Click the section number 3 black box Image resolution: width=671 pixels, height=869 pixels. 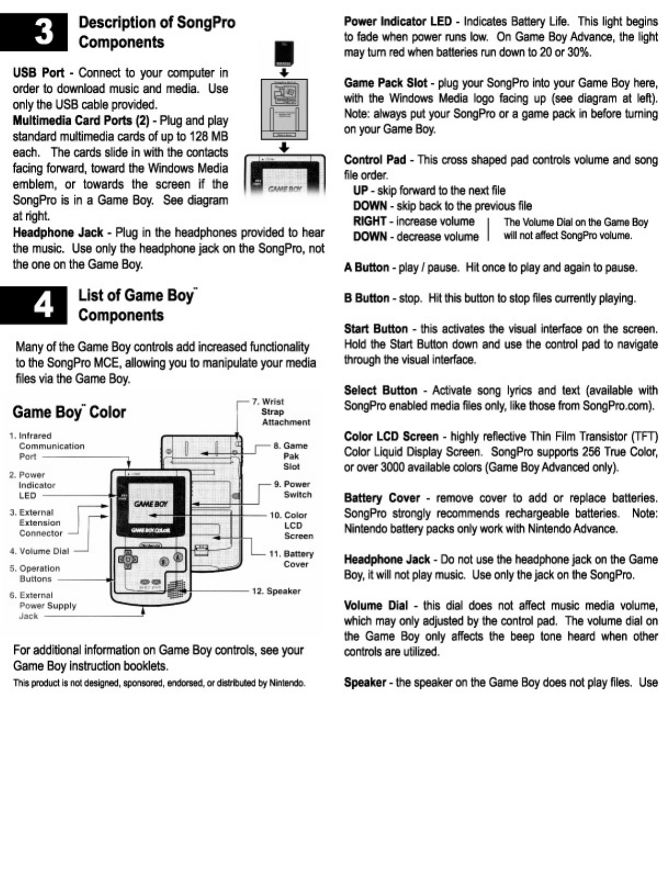pos(34,32)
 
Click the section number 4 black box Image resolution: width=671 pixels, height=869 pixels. pos(34,304)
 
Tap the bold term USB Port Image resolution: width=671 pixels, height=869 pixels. pos(38,72)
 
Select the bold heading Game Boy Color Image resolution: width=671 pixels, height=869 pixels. pos(69,412)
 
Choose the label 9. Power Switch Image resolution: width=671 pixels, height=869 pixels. pos(293,489)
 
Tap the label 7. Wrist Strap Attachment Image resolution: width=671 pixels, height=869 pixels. pos(281,411)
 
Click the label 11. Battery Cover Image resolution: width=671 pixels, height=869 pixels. pos(291,558)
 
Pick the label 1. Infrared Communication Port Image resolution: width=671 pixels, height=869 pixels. pos(47,445)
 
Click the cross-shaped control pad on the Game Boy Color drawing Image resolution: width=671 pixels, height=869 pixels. pos(128,560)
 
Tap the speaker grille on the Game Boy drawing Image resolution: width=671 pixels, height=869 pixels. pos(175,590)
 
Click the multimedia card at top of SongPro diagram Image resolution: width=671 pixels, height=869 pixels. pos(284,53)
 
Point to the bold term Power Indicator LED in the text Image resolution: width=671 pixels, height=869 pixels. pos(397,21)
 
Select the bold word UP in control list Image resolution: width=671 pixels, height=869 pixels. pos(360,190)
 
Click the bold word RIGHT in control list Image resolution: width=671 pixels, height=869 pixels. pos(369,221)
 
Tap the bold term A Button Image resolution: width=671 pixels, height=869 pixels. pos(366,267)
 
